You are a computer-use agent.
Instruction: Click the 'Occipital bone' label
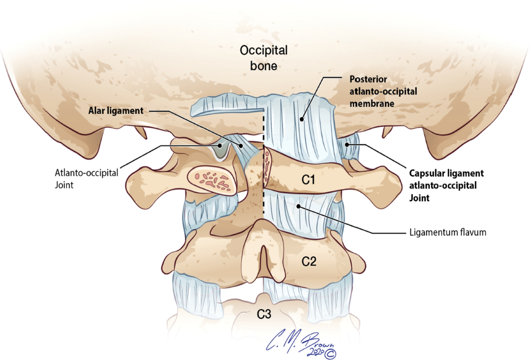point(264,58)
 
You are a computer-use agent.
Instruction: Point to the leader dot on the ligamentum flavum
point(299,206)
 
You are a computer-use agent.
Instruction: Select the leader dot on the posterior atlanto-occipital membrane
point(302,118)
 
